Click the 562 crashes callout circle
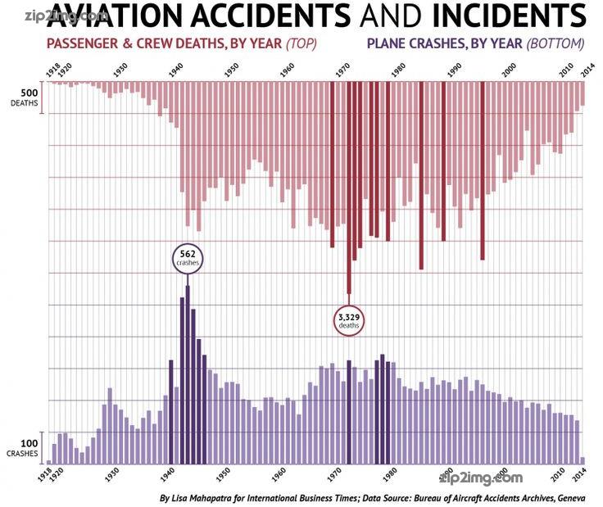click(187, 258)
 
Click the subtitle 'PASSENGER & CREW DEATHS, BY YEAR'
click(165, 43)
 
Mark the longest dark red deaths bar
click(349, 188)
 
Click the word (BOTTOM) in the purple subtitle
click(557, 43)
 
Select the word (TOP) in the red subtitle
click(301, 43)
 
